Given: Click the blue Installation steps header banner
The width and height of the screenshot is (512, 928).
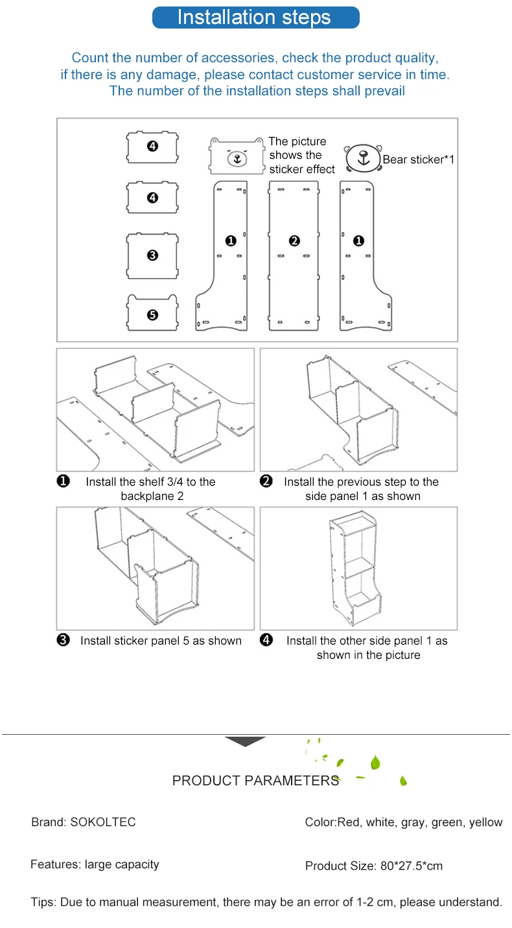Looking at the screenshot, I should [x=255, y=18].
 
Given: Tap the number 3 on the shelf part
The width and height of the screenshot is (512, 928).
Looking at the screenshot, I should [x=152, y=256].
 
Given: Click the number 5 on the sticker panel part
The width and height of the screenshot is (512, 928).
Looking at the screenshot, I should [x=152, y=315].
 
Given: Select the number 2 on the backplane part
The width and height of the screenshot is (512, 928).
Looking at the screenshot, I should [x=294, y=241].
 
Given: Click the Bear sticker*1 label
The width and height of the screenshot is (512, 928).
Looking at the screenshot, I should [x=419, y=160].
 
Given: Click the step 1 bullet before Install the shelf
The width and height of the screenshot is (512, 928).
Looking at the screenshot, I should [x=64, y=481].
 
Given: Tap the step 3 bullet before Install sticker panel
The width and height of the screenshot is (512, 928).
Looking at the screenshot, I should [x=64, y=641].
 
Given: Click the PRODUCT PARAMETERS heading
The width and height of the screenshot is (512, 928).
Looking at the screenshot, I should [x=255, y=781].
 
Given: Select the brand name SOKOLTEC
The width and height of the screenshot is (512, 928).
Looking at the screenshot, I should [x=103, y=822].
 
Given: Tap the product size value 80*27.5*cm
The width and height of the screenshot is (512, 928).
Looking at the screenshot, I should [x=410, y=866].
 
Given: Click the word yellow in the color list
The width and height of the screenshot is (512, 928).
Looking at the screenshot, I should [x=485, y=822].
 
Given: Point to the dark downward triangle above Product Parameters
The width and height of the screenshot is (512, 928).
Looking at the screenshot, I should [x=245, y=741].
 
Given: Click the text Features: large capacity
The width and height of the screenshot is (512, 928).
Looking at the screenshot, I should [x=95, y=864].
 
